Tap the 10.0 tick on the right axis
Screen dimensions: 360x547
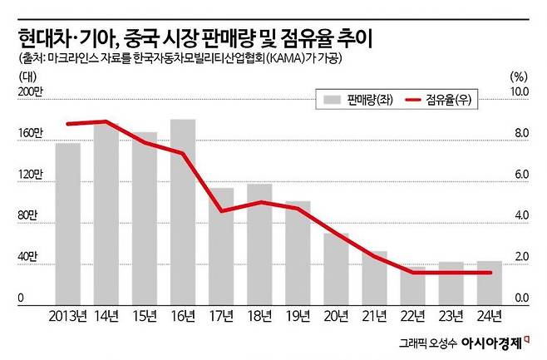[x=520, y=91]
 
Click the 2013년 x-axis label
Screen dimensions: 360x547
[x=68, y=315]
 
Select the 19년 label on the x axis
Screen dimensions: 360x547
[x=297, y=315]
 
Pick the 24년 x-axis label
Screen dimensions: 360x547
[x=489, y=315]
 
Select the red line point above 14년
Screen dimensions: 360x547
[x=106, y=121]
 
